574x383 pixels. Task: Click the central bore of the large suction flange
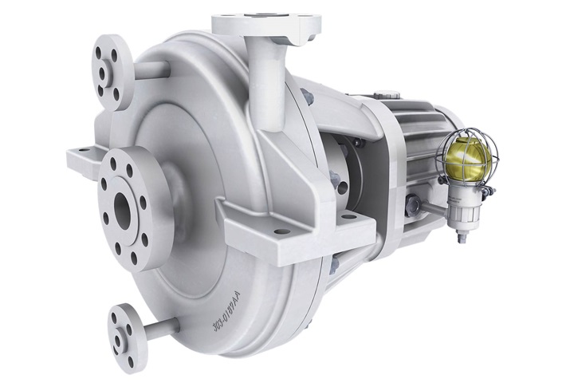(123, 209)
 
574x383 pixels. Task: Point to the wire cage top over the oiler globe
(470, 131)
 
